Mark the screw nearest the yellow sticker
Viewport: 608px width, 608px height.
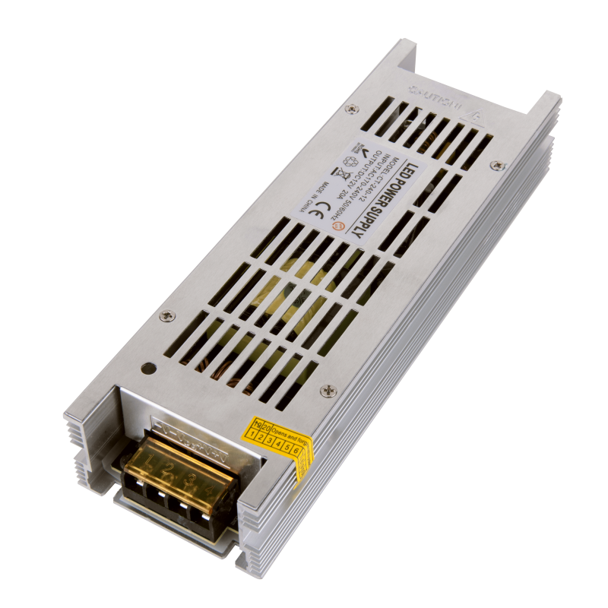[328, 389]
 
